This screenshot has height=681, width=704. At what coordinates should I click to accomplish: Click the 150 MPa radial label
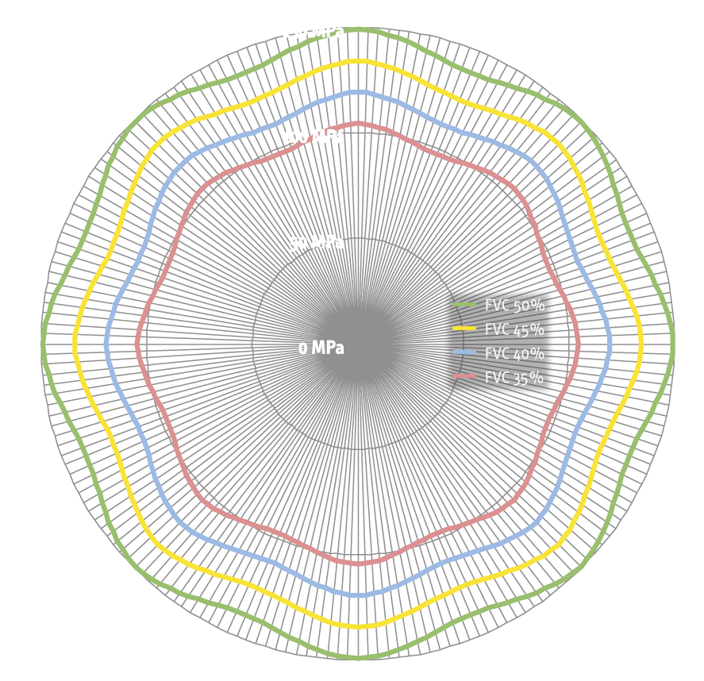coord(314,33)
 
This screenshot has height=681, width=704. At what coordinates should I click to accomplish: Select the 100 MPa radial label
coord(314,137)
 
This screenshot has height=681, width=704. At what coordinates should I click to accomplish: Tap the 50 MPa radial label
coord(317,243)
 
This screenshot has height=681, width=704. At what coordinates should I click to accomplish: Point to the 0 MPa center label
coord(321,348)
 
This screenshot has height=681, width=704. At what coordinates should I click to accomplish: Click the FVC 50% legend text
coord(514,306)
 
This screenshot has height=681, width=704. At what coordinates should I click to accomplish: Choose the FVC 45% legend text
coord(514,329)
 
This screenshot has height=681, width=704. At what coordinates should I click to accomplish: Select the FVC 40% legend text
coord(514,353)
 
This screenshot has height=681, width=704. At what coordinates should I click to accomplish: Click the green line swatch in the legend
coord(464,305)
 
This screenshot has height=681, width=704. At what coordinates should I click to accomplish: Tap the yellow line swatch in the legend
coord(464,329)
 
